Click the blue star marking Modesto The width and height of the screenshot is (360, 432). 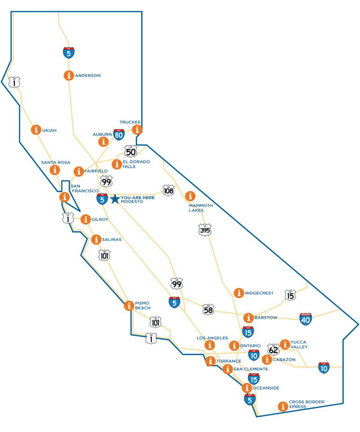pyautogui.click(x=115, y=198)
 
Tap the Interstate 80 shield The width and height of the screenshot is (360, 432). pyautogui.click(x=119, y=134)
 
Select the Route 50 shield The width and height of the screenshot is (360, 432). pyautogui.click(x=130, y=151)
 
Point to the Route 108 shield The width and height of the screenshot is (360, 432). pyautogui.click(x=168, y=190)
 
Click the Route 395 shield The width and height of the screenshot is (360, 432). pyautogui.click(x=205, y=230)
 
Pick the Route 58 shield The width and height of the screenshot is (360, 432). pyautogui.click(x=208, y=309)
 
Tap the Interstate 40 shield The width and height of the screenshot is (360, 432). pyautogui.click(x=306, y=319)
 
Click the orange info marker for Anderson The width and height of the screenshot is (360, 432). pyautogui.click(x=68, y=76)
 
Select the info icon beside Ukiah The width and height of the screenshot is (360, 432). pyautogui.click(x=36, y=130)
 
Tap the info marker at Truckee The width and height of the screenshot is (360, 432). pyautogui.click(x=137, y=130)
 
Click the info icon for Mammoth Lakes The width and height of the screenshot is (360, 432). pyautogui.click(x=190, y=196)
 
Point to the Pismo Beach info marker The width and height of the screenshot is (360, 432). pyautogui.click(x=129, y=306)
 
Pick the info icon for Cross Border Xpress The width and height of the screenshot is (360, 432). pyautogui.click(x=283, y=406)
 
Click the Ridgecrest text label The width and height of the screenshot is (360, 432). pyautogui.click(x=259, y=293)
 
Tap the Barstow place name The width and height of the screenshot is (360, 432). pyautogui.click(x=265, y=317)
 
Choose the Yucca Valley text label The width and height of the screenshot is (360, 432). pyautogui.click(x=299, y=344)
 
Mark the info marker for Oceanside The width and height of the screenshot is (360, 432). pyautogui.click(x=247, y=388)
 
